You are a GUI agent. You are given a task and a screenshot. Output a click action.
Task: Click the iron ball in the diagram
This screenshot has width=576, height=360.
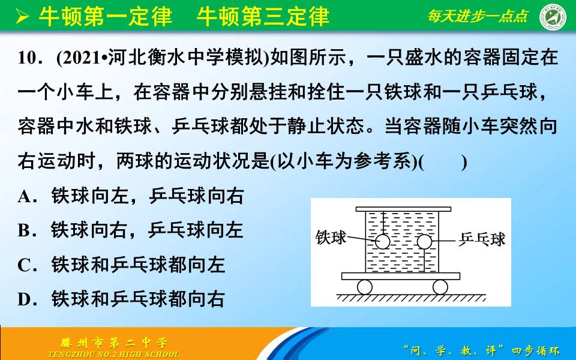click(x=382, y=242)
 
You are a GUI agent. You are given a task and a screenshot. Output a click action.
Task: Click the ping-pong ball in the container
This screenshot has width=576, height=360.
click(x=424, y=242)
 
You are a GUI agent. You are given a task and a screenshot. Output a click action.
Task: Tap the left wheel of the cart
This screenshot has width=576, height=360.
click(x=364, y=287)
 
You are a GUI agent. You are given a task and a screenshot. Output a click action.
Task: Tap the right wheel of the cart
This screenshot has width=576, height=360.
click(x=440, y=287)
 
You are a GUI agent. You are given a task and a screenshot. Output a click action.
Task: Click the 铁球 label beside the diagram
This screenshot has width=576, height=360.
click(x=331, y=238)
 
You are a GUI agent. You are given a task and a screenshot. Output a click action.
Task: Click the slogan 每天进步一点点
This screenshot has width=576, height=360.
click(x=478, y=17)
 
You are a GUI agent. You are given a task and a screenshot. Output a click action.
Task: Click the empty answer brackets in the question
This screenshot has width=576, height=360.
click(x=443, y=162)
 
